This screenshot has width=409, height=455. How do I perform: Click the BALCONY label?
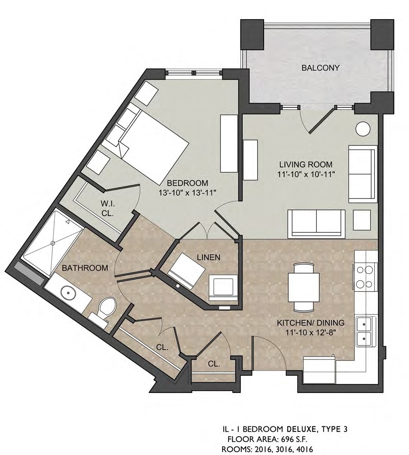coord(320,68)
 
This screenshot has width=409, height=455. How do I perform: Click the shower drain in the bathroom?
coord(53,243)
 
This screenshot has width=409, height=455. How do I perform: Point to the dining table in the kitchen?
coord(304,286)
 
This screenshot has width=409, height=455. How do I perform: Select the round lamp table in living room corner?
coord(362,128)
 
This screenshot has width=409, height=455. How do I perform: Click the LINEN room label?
coord(209,257)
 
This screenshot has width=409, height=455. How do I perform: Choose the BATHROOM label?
coord(85,268)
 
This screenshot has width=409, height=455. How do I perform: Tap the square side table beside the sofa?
coord(362,220)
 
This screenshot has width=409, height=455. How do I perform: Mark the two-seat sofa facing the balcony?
coord(316,222)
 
